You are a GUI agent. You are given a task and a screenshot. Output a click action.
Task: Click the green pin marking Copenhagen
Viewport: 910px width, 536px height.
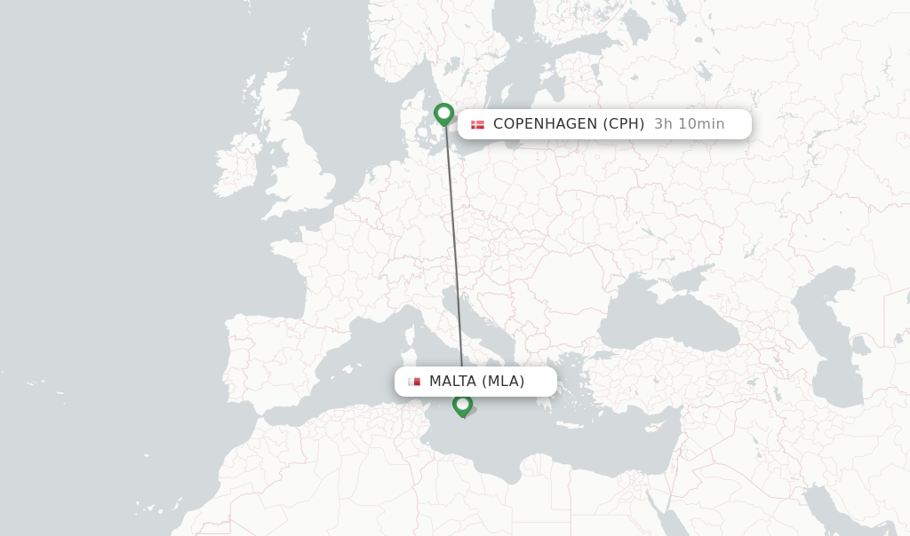click(x=443, y=114)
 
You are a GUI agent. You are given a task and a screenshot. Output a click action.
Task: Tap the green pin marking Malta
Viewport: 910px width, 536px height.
click(x=462, y=405)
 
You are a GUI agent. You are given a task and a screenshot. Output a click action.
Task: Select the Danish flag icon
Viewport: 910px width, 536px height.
click(x=477, y=124)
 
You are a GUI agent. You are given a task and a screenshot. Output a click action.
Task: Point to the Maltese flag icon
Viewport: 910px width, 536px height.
click(x=414, y=382)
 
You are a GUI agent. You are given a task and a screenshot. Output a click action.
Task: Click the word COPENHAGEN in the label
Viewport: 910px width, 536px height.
click(x=545, y=124)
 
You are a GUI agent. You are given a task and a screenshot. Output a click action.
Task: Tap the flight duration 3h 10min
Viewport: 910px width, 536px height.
click(x=689, y=124)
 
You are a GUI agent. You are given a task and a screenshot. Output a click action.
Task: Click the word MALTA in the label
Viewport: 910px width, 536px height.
click(x=453, y=382)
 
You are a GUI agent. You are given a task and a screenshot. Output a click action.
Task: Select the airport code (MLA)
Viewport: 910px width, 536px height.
click(x=503, y=382)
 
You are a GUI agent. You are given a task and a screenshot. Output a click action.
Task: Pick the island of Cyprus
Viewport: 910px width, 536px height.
click(x=659, y=426)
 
